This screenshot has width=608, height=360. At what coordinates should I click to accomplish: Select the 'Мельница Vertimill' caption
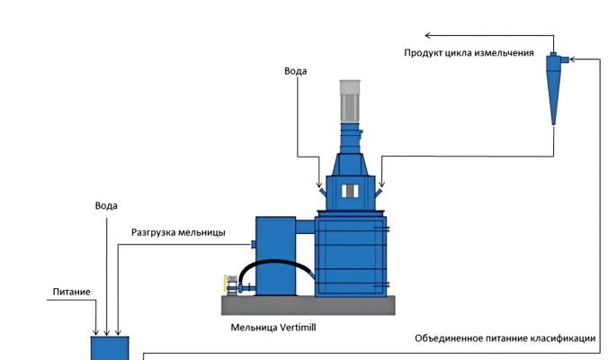click(273, 328)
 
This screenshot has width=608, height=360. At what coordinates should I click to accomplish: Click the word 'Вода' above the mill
click(296, 71)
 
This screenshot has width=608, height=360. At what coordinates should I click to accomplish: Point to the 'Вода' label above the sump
click(106, 206)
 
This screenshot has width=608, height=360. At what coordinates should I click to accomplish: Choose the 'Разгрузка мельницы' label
click(178, 232)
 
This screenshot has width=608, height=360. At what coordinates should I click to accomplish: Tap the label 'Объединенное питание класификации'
click(505, 338)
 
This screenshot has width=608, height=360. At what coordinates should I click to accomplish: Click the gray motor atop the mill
click(350, 99)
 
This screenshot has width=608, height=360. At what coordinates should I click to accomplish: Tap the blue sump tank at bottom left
click(110, 348)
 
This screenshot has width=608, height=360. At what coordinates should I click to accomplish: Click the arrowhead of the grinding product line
click(429, 36)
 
